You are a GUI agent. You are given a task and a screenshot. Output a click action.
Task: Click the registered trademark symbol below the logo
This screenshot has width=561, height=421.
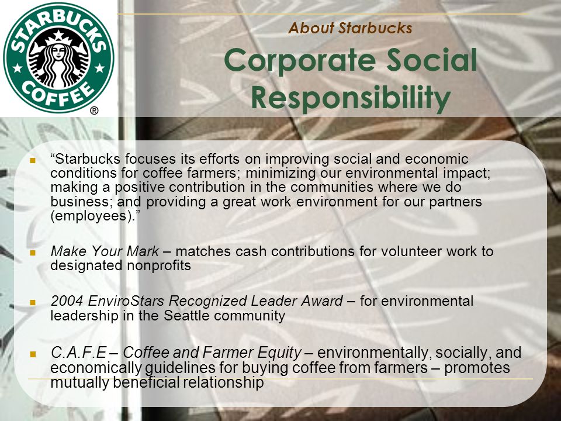click(x=94, y=111)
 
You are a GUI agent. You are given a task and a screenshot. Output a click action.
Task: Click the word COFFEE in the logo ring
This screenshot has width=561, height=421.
click(x=59, y=94)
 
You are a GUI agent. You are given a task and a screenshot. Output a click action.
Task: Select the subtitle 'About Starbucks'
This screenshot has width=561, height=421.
click(x=350, y=28)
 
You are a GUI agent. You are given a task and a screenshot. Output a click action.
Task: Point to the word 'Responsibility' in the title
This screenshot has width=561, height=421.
click(x=351, y=98)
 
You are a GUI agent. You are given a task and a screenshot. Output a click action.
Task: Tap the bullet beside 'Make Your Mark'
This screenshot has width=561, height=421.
click(x=33, y=253)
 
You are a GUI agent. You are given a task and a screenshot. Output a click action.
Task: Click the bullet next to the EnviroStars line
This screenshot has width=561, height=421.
click(x=33, y=302)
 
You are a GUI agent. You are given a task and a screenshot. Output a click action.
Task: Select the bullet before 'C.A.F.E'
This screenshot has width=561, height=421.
click(x=33, y=354)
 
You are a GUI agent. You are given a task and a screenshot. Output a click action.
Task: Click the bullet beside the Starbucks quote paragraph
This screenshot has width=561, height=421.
click(x=33, y=160)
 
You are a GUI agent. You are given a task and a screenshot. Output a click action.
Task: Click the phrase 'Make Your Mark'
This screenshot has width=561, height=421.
click(x=105, y=251)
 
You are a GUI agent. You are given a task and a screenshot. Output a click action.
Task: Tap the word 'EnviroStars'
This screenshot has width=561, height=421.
click(x=126, y=301)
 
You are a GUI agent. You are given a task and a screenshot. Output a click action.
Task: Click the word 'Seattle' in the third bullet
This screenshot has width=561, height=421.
click(x=186, y=315)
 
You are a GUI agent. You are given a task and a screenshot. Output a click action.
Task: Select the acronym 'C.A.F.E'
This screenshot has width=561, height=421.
click(x=78, y=353)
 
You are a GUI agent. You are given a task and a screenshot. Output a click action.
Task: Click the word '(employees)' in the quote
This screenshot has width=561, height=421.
click(x=91, y=216)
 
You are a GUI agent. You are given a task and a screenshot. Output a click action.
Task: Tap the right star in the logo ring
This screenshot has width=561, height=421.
click(x=100, y=68)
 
